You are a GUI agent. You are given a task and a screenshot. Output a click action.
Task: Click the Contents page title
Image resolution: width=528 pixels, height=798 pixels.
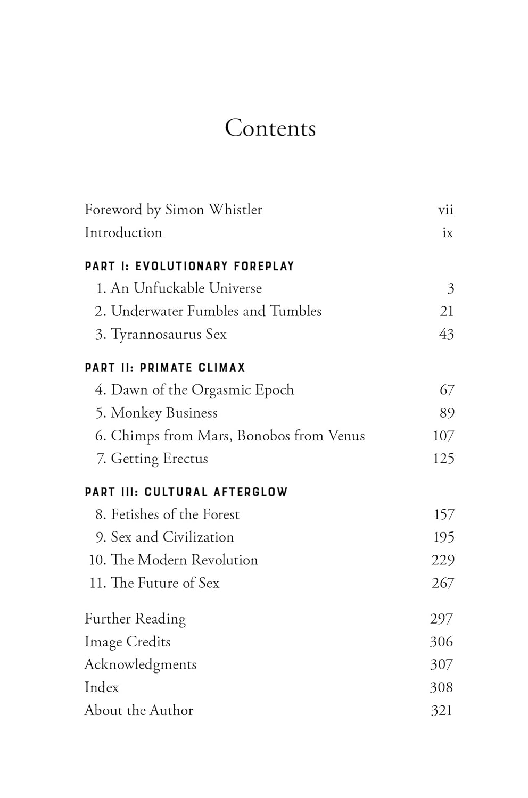coord(270,128)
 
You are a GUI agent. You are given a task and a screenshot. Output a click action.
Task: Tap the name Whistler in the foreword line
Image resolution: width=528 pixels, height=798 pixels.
coord(235,210)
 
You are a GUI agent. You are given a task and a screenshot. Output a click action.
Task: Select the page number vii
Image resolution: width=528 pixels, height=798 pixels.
coord(445,210)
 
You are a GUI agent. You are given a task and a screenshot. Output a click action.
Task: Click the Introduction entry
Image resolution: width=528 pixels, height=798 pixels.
coord(123,232)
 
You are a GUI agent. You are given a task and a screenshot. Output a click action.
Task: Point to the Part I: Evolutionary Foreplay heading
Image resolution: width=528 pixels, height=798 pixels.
coord(189,266)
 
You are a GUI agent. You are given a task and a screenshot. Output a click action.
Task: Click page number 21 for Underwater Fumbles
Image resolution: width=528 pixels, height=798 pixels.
coord(447,311)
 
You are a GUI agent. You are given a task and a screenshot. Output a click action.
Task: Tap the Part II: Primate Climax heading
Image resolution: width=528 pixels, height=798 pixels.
coord(165,368)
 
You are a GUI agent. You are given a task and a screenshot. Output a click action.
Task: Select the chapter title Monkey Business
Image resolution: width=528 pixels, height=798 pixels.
coord(164,413)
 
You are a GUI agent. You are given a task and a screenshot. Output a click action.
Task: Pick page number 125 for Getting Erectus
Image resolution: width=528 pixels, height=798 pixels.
coord(443,459)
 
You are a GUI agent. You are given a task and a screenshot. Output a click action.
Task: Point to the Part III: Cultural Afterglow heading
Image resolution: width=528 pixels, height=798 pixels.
coord(186,492)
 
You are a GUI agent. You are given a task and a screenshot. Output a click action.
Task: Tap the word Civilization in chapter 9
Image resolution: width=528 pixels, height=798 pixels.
coord(198,537)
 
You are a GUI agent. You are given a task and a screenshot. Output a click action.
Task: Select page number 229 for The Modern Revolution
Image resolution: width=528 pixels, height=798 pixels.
coord(443,560)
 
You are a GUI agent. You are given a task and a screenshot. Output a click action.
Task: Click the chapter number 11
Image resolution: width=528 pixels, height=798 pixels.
coord(97,583)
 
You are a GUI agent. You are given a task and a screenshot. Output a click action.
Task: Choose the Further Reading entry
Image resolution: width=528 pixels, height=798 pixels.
coord(135,619)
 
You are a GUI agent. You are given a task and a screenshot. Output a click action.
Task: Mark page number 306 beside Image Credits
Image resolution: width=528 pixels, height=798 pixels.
coord(441,642)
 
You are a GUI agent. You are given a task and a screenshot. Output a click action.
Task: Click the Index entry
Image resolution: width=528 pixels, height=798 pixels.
coord(102,687)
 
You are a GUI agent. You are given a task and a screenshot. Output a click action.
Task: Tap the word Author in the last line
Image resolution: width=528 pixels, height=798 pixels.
coord(171,710)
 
